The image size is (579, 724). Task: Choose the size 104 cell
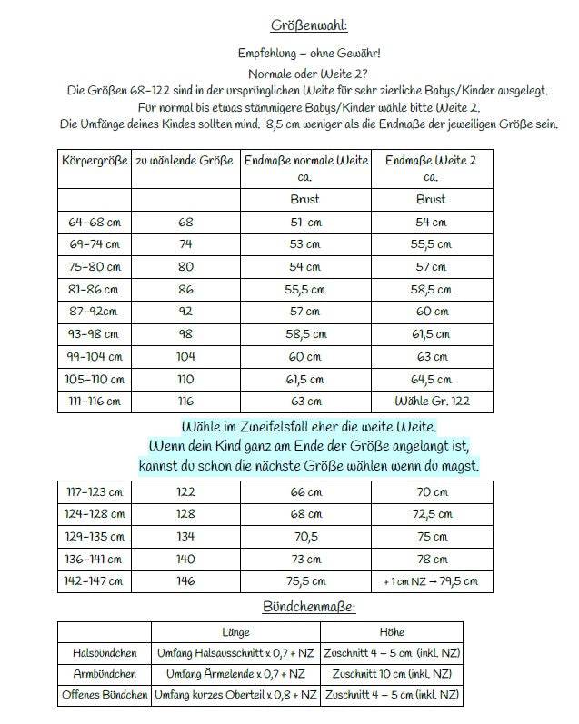185,357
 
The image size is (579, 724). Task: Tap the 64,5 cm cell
431,379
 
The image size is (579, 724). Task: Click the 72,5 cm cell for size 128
431,513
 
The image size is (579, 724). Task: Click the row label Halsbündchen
104,653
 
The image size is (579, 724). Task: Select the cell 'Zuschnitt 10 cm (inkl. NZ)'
392,675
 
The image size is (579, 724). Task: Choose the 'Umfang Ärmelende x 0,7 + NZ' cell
235,675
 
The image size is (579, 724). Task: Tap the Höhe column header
392,631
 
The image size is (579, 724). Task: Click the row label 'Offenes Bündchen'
104,696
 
